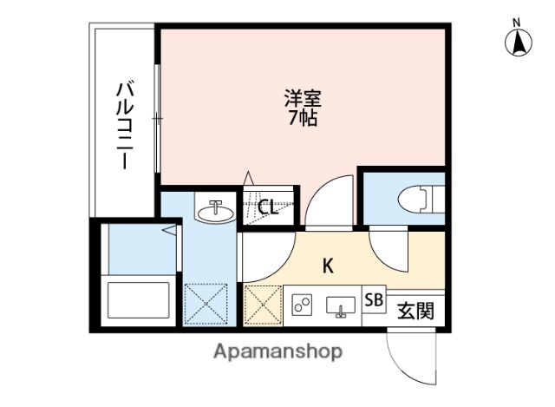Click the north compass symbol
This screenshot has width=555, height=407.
(518, 40)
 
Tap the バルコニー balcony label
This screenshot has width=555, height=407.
(124, 123)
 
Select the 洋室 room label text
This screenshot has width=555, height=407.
(302, 98)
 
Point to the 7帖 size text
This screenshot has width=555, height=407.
(302, 118)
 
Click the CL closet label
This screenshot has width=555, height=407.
(268, 207)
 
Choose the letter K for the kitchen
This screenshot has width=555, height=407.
(329, 266)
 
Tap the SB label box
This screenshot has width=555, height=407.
(374, 301)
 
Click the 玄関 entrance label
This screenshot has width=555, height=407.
(415, 308)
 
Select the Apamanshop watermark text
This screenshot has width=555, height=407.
(277, 351)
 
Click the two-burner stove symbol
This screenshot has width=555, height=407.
(303, 305)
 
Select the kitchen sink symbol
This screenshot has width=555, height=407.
(340, 305)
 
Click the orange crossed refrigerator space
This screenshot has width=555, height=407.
(262, 305)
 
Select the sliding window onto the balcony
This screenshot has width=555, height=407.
(157, 117)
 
